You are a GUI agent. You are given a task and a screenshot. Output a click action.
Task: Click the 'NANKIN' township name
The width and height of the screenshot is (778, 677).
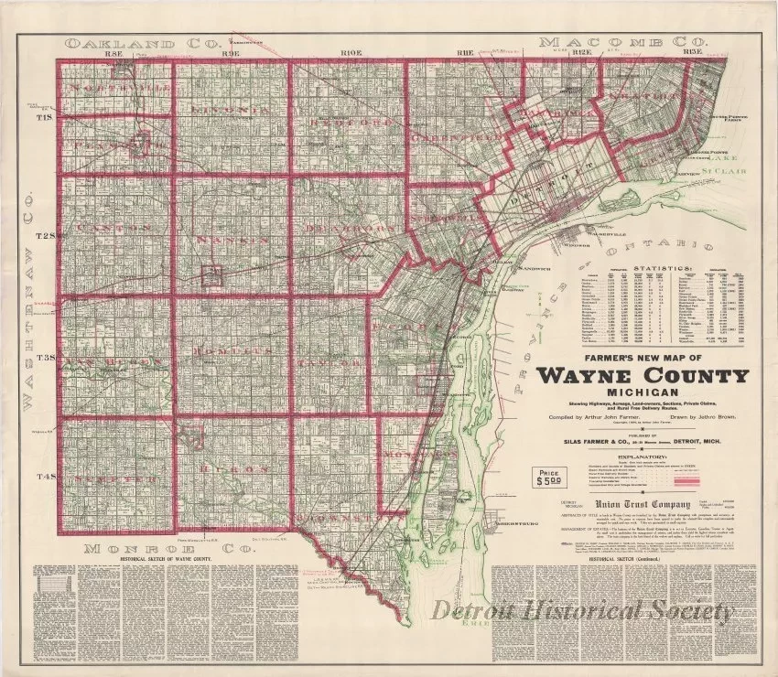229,239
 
